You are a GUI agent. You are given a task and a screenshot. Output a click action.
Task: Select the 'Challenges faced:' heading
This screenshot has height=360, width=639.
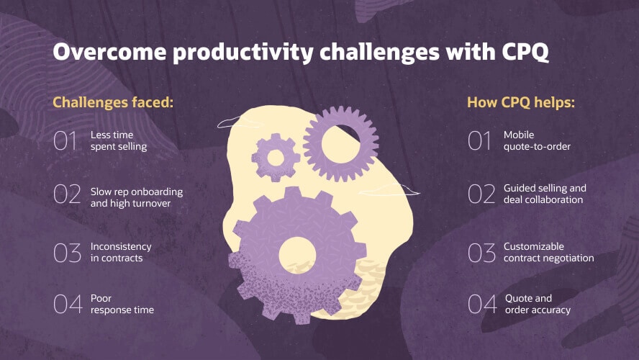(x=114, y=102)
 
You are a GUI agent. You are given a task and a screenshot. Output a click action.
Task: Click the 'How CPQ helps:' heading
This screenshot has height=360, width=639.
(x=521, y=102)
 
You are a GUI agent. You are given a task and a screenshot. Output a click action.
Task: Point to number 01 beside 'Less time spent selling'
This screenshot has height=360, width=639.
(x=65, y=141)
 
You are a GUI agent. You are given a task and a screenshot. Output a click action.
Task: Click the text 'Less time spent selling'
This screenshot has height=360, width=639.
(x=119, y=141)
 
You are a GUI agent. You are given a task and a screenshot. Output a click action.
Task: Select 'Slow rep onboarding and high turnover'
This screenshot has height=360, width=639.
(x=137, y=197)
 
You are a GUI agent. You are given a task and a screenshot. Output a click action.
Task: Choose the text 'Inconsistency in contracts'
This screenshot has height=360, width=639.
(x=121, y=253)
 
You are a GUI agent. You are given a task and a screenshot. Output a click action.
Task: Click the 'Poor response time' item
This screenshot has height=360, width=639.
(x=122, y=305)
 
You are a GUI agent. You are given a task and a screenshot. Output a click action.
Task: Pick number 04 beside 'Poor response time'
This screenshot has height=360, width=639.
(x=68, y=305)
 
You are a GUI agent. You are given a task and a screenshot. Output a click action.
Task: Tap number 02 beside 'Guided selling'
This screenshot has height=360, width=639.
(x=481, y=194)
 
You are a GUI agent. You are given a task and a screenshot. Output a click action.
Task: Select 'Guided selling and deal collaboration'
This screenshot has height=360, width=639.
(x=544, y=194)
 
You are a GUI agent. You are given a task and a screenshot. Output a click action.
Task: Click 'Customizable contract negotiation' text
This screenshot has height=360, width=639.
(x=548, y=252)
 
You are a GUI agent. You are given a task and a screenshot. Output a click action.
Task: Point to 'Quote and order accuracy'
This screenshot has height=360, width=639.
(x=538, y=305)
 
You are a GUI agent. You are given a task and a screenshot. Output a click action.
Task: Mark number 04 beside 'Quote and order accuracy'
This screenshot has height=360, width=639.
(x=481, y=305)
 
